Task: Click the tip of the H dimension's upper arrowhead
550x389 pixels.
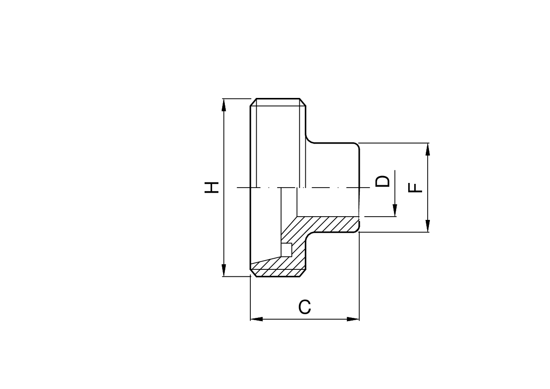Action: (x=224, y=99)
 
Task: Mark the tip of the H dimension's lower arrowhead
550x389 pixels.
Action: (x=224, y=276)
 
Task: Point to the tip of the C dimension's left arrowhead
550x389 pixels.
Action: (x=250, y=319)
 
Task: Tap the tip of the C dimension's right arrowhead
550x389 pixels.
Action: (x=359, y=319)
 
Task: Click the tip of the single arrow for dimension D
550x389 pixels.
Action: (x=395, y=216)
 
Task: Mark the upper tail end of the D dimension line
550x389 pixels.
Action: (x=395, y=170)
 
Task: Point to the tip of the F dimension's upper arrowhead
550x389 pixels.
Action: (x=427, y=143)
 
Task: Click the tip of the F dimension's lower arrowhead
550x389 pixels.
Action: (x=427, y=232)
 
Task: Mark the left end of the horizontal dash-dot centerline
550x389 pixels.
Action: (x=237, y=188)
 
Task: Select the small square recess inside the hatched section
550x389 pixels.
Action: (x=287, y=249)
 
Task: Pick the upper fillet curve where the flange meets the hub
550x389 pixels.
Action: (x=309, y=140)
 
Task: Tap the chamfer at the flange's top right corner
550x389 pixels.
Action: (x=302, y=102)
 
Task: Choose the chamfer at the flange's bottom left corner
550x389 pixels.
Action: (x=253, y=273)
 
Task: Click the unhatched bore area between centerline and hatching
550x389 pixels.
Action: (x=328, y=202)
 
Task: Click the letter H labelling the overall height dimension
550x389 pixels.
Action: (x=212, y=188)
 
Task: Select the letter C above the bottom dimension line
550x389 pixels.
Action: (x=304, y=307)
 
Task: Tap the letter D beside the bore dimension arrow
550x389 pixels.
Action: (x=382, y=182)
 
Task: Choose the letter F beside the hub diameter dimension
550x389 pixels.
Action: (x=416, y=188)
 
